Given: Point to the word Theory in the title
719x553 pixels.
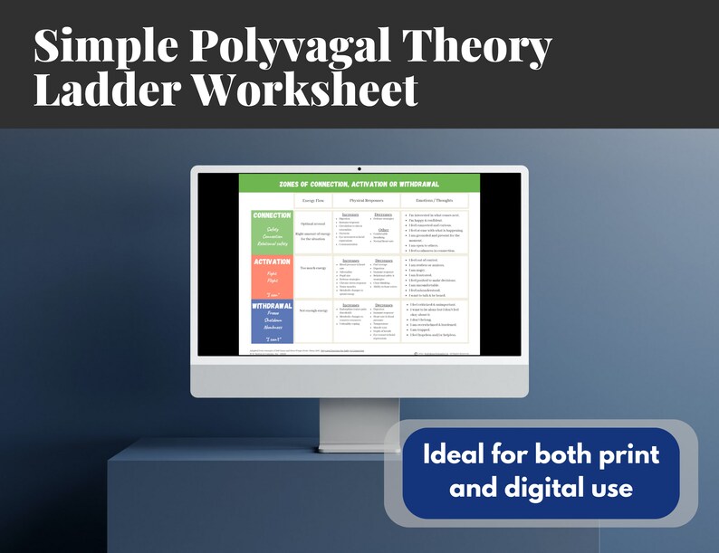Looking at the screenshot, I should tap(475, 48).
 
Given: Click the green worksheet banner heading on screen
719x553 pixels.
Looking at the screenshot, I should tap(359, 184).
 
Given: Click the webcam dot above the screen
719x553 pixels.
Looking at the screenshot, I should tap(359, 168).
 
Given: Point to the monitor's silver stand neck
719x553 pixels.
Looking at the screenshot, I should tap(359, 425).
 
